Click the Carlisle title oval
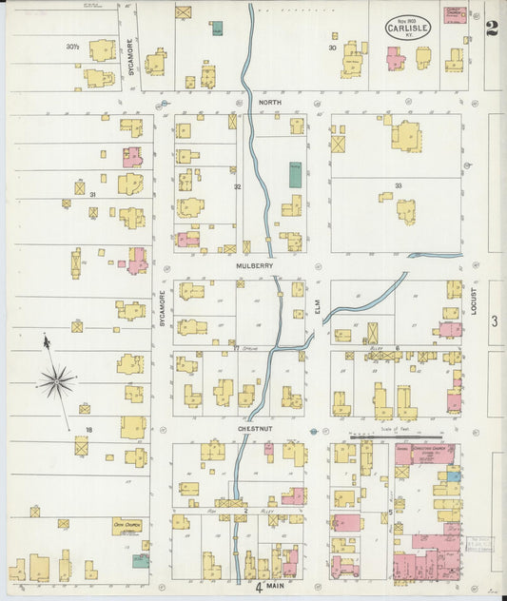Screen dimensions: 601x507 406,29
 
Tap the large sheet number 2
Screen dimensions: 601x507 490,29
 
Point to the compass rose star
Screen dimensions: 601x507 57,382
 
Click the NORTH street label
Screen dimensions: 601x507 270,102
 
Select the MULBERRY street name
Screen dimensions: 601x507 255,266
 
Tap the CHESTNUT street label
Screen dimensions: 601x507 256,430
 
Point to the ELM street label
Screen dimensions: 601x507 319,306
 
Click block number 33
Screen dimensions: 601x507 399,186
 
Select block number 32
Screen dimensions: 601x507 238,186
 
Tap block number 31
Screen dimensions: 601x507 93,194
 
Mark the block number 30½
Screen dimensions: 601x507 73,47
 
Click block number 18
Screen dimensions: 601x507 88,430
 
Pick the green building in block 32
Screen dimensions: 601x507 295,174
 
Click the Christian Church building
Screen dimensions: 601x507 424,454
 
